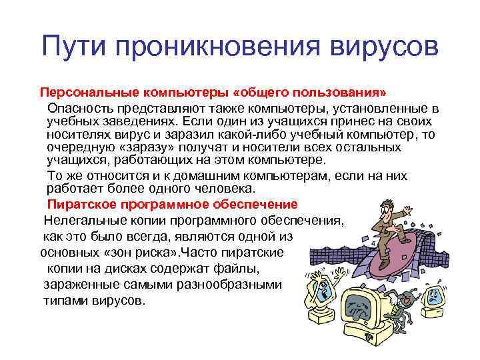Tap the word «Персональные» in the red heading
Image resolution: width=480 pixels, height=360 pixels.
click(x=85, y=91)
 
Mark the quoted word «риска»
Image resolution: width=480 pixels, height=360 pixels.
click(x=223, y=253)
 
